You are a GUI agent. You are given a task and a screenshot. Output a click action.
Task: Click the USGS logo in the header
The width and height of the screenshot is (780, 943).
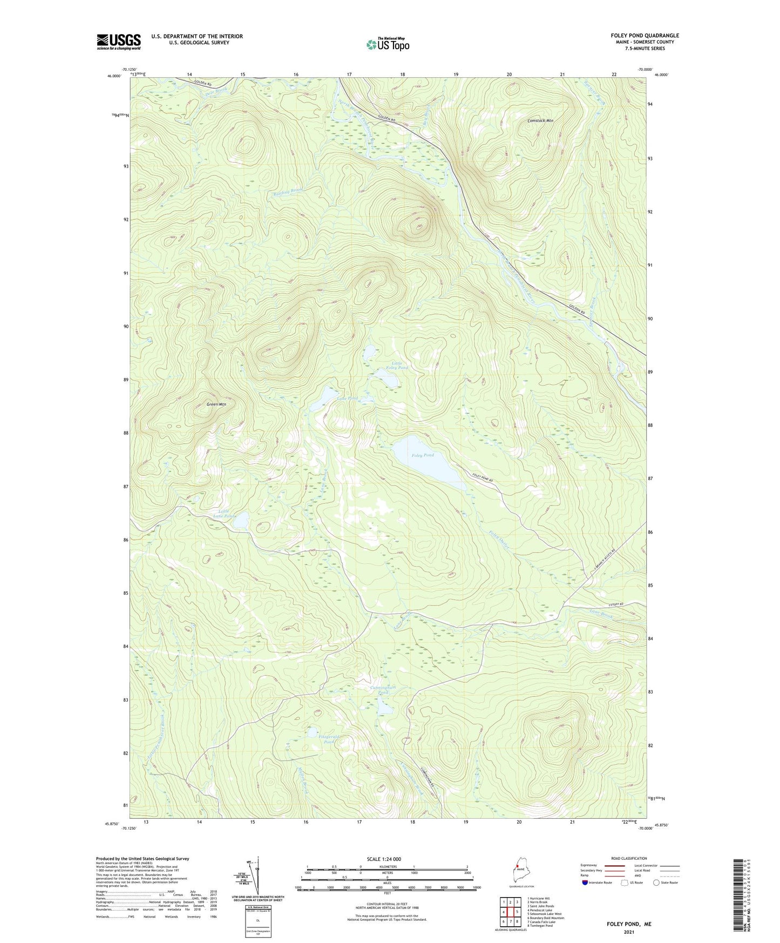click(119, 42)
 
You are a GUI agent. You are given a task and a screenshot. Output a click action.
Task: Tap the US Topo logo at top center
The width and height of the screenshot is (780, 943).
click(387, 44)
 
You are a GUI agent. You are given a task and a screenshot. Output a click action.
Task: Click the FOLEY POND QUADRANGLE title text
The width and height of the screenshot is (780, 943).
click(637, 36)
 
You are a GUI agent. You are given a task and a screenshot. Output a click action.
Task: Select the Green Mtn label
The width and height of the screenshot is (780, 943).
click(216, 404)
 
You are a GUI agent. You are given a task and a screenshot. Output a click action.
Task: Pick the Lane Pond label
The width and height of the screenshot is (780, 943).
click(347, 399)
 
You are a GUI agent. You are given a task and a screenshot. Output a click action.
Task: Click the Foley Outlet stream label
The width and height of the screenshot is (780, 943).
click(499, 540)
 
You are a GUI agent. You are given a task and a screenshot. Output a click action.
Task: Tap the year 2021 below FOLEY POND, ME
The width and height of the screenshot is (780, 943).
click(629, 932)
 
